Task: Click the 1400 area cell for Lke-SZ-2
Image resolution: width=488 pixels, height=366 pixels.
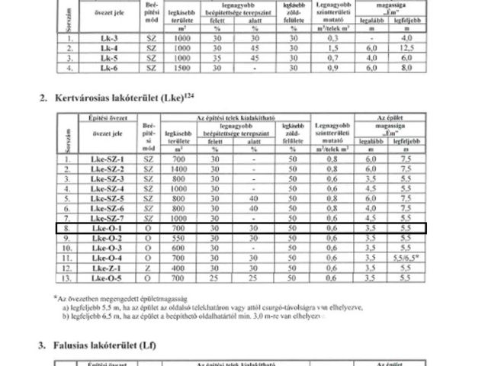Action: [179, 168]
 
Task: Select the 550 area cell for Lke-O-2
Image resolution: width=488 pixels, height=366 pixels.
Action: [179, 238]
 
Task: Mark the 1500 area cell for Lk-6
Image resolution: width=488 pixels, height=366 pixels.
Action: [180, 66]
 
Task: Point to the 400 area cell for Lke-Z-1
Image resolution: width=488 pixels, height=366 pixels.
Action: [179, 268]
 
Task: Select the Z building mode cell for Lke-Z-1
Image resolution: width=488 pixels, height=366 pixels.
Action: [149, 268]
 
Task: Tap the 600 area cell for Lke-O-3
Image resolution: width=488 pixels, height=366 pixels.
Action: [179, 248]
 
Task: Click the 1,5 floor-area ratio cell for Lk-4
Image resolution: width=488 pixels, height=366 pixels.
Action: [332, 47]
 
